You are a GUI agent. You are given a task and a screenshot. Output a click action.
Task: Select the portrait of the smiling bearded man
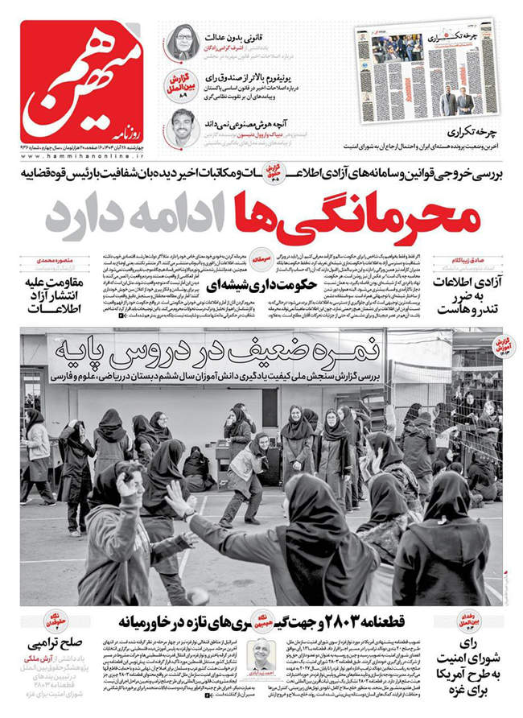[x=183, y=126]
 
